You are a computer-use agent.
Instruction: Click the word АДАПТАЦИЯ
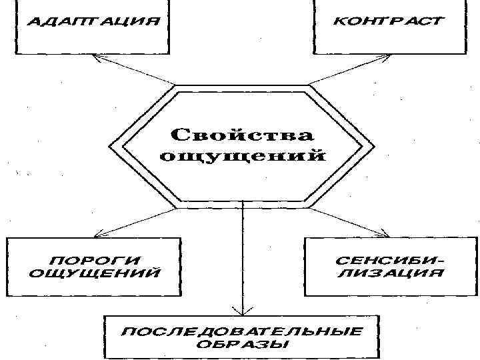coord(93,21)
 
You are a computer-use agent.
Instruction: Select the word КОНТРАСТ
coord(387,21)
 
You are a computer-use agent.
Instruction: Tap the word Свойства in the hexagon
coord(242,136)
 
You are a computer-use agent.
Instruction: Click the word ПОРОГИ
coord(95,259)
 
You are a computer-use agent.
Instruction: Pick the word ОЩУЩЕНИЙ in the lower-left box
coord(95,273)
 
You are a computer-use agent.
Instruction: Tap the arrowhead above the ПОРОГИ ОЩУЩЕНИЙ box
coord(97,234)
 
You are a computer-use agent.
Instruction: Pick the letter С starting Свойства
coord(179,136)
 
